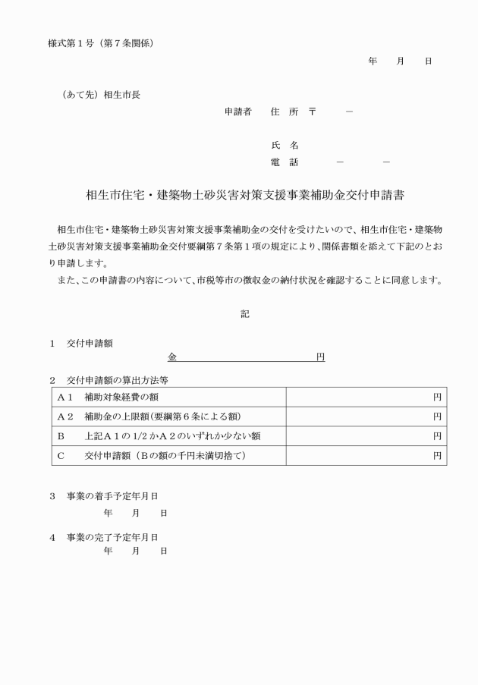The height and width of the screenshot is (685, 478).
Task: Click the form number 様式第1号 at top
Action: (x=70, y=43)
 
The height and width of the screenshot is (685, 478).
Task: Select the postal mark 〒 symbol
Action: (x=312, y=112)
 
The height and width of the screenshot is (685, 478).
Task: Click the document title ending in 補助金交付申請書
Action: (x=245, y=195)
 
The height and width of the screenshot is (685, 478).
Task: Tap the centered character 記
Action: (x=245, y=313)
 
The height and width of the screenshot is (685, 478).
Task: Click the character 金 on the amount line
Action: (x=172, y=356)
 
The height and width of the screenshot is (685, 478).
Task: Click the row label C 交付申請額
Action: (x=152, y=455)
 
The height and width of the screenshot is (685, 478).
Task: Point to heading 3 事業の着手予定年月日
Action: (x=103, y=496)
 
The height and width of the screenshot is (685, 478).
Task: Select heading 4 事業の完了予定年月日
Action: (x=103, y=537)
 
